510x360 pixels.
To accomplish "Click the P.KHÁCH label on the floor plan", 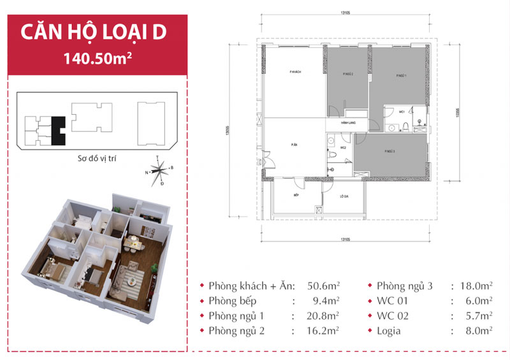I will coord(295,73).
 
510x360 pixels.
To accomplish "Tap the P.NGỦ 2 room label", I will coord(348,75).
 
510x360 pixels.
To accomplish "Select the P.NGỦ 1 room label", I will coord(400,75).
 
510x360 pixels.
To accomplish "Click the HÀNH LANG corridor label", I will coord(348,122).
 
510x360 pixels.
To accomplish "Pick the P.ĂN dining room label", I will coord(295,145).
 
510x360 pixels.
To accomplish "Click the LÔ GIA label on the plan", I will coord(343,196).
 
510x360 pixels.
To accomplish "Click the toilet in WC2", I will coord(331,154).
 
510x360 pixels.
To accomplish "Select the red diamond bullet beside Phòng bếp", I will coord(202,301).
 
